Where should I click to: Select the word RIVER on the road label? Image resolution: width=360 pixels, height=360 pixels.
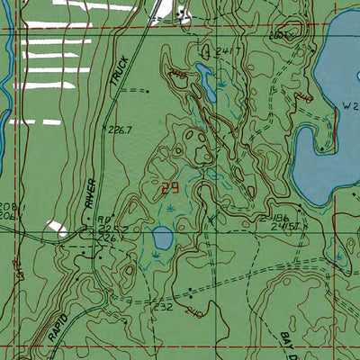(x=90, y=193)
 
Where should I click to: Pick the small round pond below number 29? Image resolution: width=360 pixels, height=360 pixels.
(x=163, y=239)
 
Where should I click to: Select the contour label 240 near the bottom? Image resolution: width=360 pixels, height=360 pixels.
(x=191, y=312)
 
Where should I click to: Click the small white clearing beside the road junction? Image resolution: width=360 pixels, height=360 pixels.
(x=57, y=229)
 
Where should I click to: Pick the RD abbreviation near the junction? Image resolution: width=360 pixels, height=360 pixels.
(x=103, y=219)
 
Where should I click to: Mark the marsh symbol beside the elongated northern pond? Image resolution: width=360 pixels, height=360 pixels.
(x=220, y=85)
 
